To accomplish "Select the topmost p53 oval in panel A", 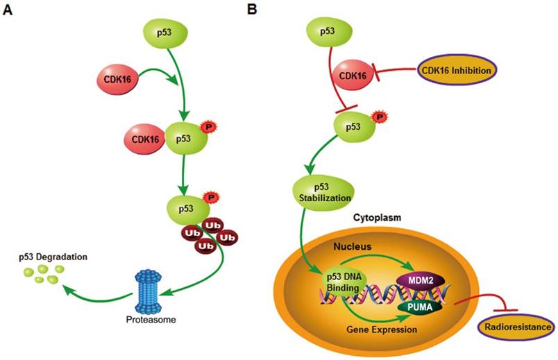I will [x=164, y=33].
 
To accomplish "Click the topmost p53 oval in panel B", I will [x=328, y=33].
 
